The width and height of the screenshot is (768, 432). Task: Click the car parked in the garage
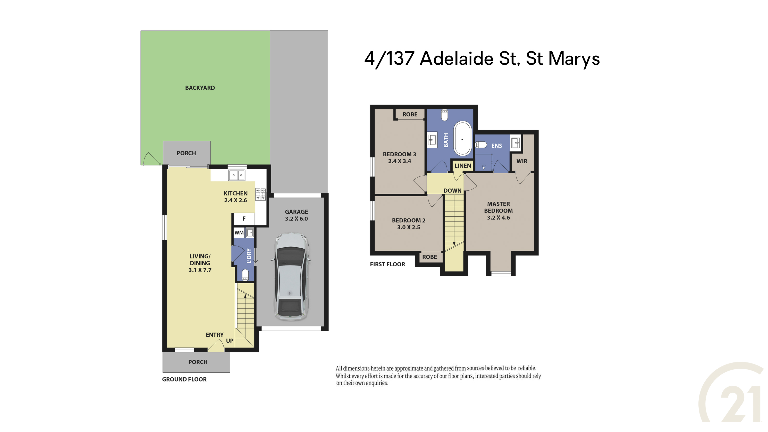tap(291, 277)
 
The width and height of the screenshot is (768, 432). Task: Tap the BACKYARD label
tap(200, 88)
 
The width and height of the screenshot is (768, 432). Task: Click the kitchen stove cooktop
tap(260, 194)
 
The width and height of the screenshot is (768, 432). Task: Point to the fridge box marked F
tap(244, 219)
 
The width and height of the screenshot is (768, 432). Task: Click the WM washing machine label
tap(239, 233)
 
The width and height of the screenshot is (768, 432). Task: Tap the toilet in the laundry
tap(245, 275)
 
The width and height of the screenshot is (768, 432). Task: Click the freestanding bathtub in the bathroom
tap(462, 138)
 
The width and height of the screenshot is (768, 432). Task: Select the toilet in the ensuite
tap(481, 145)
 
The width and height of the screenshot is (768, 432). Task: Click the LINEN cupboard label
tap(463, 166)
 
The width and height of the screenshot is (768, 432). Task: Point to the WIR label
tap(522, 161)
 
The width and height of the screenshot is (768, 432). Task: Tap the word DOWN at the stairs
tap(452, 191)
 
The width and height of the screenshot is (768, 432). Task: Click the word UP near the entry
tap(230, 341)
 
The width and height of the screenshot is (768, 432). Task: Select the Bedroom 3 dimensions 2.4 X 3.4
tap(400, 161)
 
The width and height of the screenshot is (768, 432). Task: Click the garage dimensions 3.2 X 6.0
tap(296, 219)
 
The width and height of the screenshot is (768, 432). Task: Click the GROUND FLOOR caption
tap(184, 379)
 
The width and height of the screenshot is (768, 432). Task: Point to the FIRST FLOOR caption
tap(387, 265)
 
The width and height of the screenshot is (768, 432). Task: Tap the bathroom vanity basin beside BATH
tap(432, 140)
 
